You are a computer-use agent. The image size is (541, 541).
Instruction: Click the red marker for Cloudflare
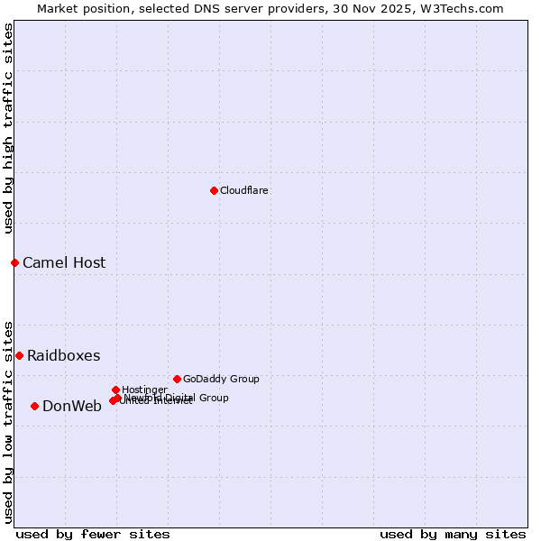[x=214, y=190]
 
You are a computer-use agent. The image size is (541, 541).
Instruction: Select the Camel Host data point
[x=14, y=262]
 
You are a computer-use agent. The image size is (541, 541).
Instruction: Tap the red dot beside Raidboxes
[x=19, y=355]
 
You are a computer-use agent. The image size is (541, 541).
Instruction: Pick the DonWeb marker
[x=34, y=406]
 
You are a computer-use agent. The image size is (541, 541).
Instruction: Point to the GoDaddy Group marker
[x=177, y=379]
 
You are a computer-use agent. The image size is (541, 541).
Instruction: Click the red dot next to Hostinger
[x=115, y=390]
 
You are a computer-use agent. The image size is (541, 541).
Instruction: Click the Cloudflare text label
[x=243, y=190]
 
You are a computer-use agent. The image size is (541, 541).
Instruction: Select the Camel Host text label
[x=64, y=262]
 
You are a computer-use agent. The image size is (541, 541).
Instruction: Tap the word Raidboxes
[x=63, y=355]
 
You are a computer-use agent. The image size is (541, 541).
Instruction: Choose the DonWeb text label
[x=72, y=406]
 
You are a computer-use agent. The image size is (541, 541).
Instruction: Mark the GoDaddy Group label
[x=221, y=379]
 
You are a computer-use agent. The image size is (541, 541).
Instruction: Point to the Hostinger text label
[x=144, y=390]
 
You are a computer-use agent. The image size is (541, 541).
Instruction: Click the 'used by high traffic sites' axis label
[x=8, y=128]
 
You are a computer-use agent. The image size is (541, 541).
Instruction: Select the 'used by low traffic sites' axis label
[x=8, y=421]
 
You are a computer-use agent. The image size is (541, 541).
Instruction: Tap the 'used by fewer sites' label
[x=93, y=534]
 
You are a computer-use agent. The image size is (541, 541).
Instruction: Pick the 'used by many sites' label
[x=453, y=534]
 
